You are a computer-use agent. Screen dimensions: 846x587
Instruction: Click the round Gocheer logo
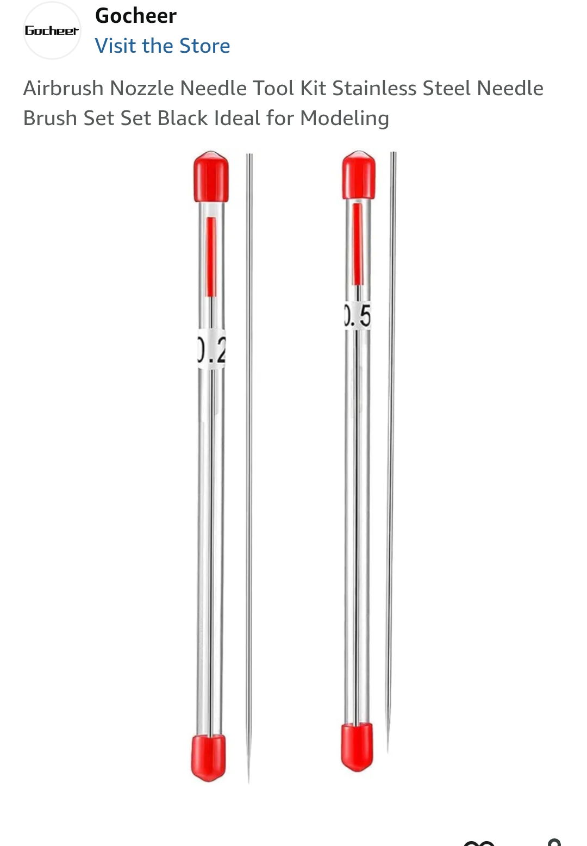[x=52, y=31]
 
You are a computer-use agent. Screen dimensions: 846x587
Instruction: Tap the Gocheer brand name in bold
[x=135, y=16]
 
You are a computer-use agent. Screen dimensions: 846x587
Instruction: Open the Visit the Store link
[x=162, y=46]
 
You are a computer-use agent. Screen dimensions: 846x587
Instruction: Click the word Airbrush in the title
[x=63, y=89]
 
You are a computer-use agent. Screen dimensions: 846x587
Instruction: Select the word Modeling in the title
[x=344, y=119]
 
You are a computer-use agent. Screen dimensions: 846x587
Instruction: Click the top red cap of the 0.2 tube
[x=211, y=177]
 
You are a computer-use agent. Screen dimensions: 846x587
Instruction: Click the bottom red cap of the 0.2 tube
[x=208, y=757]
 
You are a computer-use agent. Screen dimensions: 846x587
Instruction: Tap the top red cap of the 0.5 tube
[x=359, y=175]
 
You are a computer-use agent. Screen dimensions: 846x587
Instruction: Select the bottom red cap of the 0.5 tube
[x=357, y=746]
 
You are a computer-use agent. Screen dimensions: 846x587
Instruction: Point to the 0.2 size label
[x=211, y=349]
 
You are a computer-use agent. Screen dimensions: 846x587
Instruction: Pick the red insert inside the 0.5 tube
[x=357, y=244]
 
